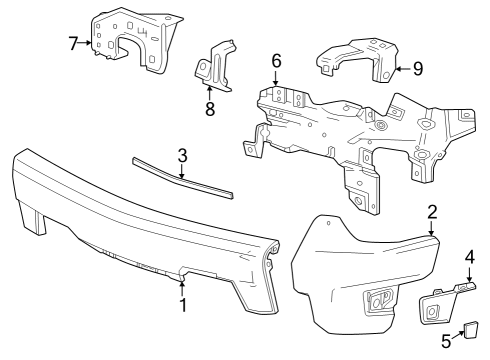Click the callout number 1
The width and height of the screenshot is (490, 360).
183,305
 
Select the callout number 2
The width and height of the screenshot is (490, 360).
432,212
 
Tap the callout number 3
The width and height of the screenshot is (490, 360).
181,155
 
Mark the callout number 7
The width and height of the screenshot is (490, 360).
73,43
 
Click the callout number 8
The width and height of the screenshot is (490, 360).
210,108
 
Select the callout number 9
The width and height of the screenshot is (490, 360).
417,69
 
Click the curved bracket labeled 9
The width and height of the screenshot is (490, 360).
355,60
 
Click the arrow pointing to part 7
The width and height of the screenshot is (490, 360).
88,43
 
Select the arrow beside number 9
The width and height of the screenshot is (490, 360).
399,69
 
